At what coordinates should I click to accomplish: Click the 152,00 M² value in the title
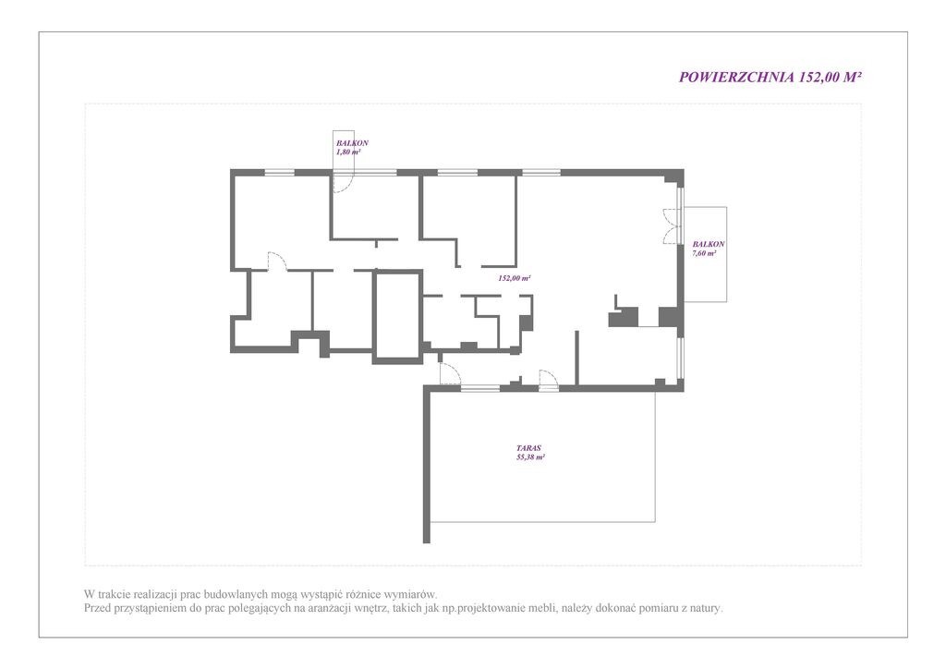pos(831,78)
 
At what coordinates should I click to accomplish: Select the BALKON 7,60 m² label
pos(709,249)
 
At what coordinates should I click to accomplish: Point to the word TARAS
pos(528,448)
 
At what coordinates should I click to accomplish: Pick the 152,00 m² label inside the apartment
pos(515,278)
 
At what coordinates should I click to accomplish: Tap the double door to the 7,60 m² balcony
pos(671,226)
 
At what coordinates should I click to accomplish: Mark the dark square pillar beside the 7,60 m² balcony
pos(667,317)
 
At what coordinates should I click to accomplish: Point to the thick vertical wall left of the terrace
pos(427,465)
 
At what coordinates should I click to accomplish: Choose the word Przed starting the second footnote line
pos(98,608)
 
